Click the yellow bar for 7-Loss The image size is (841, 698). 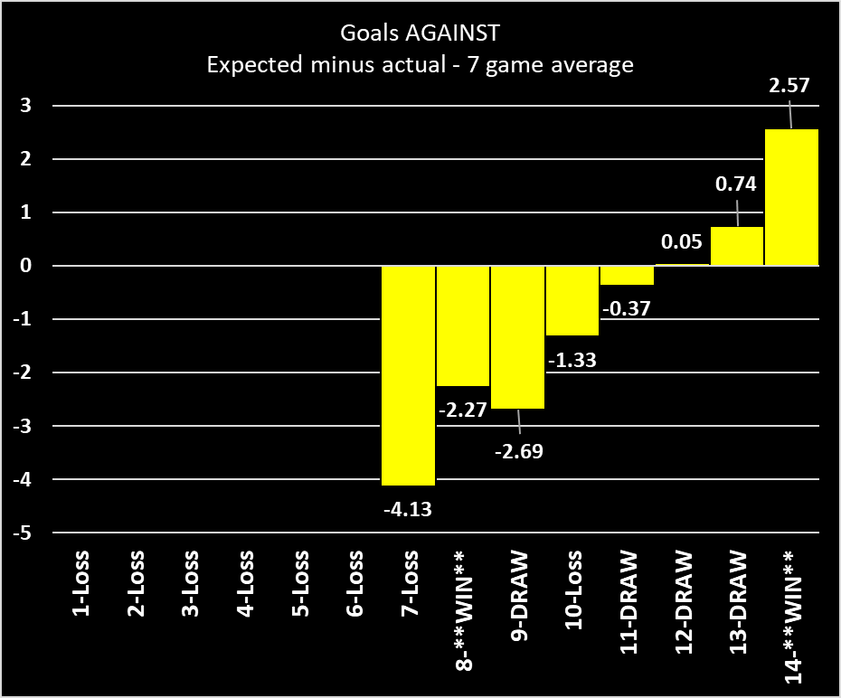[408, 375]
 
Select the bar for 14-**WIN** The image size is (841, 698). [792, 197]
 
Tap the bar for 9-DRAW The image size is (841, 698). [517, 336]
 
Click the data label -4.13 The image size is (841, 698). [408, 508]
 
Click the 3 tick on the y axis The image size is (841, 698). [26, 106]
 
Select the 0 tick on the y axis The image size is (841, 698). [26, 266]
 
